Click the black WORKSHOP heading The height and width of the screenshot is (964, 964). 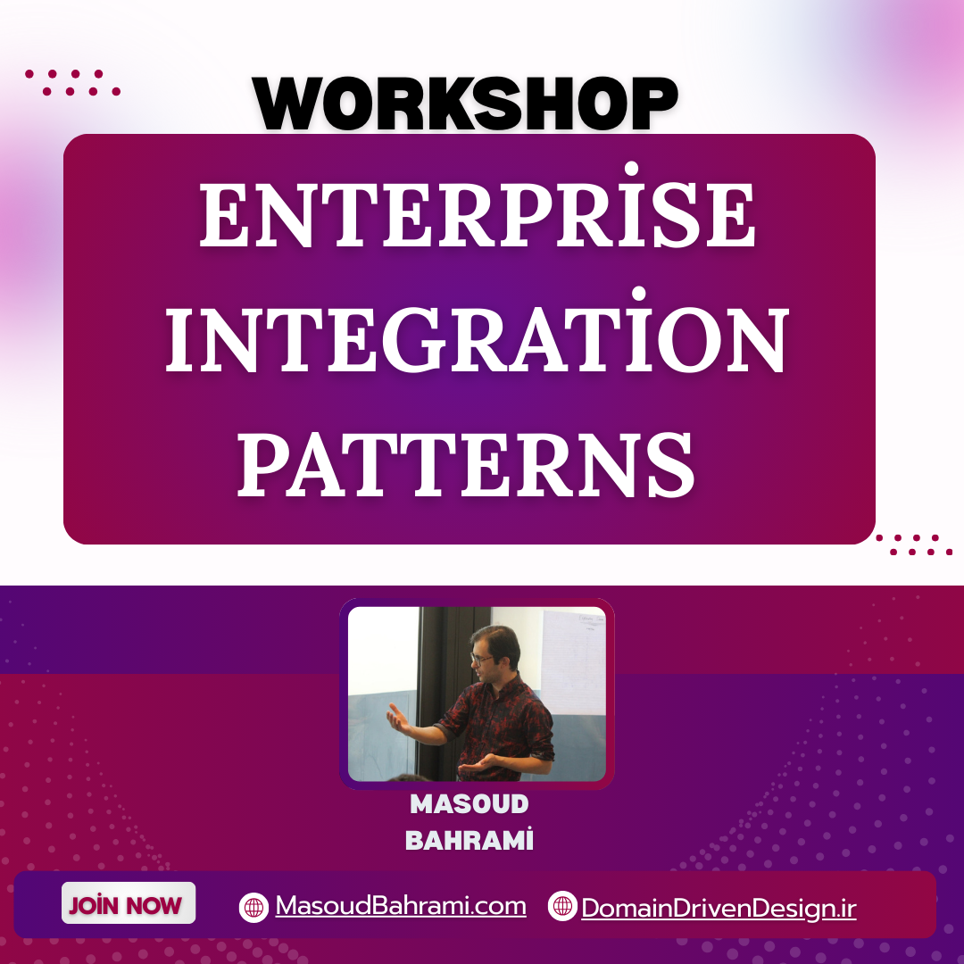tap(465, 104)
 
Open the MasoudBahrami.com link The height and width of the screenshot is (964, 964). tap(400, 906)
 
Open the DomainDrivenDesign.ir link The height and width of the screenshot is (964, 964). tap(719, 908)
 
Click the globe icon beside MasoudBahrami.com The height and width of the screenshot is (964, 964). tap(253, 907)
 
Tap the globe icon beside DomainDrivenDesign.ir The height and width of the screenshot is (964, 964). tap(562, 906)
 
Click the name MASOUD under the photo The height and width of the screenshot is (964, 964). tap(470, 804)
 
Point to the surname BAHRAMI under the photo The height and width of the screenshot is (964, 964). tap(470, 840)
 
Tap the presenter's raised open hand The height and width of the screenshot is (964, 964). tap(399, 718)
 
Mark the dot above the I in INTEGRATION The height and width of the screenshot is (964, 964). tap(639, 294)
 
